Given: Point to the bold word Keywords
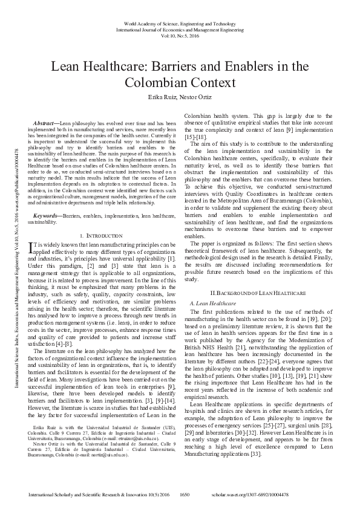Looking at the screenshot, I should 48,215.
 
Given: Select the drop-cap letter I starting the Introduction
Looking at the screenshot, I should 32,247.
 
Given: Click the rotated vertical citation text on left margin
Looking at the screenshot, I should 14,242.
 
